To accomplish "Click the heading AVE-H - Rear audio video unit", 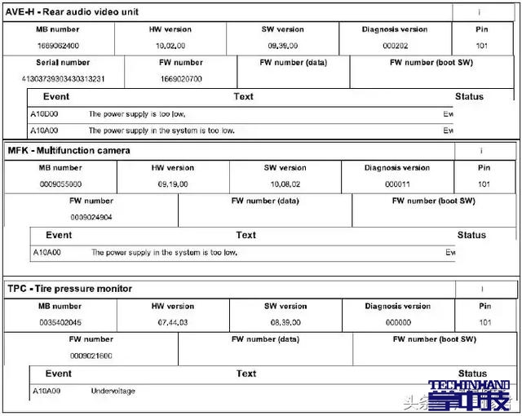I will click(73, 11).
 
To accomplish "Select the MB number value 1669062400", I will click(60, 46).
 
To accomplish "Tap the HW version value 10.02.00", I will click(171, 46).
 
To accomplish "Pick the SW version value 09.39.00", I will click(283, 46).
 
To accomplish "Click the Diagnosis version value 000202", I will click(395, 46).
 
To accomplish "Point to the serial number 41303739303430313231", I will click(63, 79).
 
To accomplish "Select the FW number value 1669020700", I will click(181, 79).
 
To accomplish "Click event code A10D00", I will click(44, 114).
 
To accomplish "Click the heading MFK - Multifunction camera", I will click(69, 150).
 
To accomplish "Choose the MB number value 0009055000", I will click(60, 184).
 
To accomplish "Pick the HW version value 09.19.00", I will click(173, 184).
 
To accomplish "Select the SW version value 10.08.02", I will click(285, 184).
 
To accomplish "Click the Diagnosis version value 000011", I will click(397, 184).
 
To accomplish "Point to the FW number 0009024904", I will click(91, 217).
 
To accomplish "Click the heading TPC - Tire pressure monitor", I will click(69, 289).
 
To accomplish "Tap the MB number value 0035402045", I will click(60, 323).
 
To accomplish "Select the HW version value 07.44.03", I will click(173, 323).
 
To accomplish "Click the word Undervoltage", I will click(113, 392).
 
